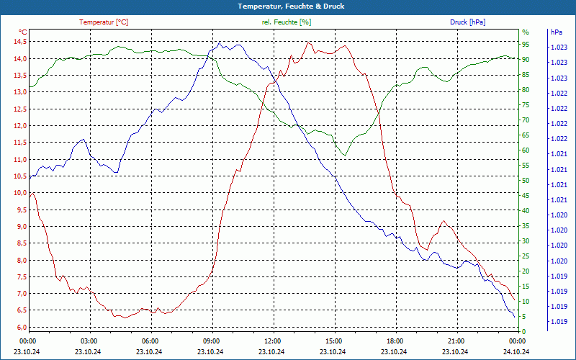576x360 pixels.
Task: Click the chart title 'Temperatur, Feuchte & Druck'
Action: coord(287,6)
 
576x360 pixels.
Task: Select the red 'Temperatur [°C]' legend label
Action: coord(104,22)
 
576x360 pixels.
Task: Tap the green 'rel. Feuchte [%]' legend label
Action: coord(287,22)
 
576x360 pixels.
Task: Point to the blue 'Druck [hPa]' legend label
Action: coord(467,22)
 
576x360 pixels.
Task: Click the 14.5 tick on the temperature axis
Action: coord(19,41)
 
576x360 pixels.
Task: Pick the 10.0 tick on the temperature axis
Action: coord(19,193)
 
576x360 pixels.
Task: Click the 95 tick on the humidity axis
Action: coord(526,42)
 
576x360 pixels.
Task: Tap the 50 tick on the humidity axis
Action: coord(526,181)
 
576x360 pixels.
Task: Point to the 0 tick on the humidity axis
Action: coord(523,331)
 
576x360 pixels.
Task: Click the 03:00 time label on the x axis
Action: coord(89,341)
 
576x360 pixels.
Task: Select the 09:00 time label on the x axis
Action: coord(212,341)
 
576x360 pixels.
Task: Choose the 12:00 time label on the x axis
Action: coord(273,341)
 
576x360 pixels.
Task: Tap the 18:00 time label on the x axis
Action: coord(395,341)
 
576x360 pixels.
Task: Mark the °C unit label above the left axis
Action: coord(23,32)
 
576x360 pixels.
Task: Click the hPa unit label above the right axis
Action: coord(556,32)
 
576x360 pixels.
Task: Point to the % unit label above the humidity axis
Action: coord(526,32)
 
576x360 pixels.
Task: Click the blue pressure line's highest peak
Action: coord(219,43)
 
